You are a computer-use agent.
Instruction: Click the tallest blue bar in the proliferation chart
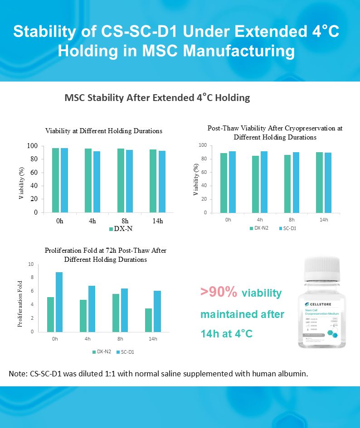tap(59, 302)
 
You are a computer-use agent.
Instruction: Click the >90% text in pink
tap(219, 293)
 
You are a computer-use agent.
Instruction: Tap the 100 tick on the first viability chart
tap(32, 146)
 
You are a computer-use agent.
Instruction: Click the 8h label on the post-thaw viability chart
tap(292, 220)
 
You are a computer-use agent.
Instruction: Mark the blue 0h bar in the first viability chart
tap(64, 180)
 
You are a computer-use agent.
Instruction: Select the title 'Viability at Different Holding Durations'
tap(103, 131)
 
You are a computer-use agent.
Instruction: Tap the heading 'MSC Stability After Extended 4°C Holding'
tap(157, 98)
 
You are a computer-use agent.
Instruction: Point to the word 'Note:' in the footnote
tap(18, 374)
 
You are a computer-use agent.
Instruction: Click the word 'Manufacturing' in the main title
tap(240, 50)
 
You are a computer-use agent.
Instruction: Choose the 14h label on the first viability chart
tap(156, 221)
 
